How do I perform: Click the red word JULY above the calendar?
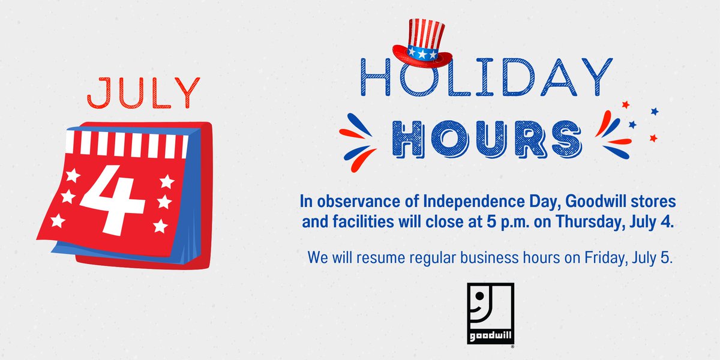142,94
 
